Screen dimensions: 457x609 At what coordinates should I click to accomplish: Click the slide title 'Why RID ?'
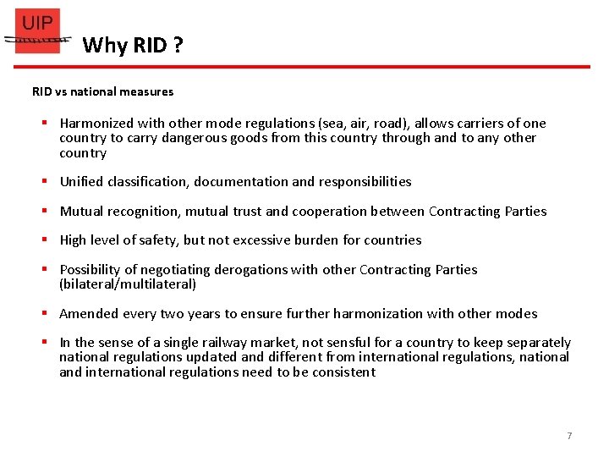coord(133,45)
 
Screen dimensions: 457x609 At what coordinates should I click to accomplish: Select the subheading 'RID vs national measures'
coord(102,91)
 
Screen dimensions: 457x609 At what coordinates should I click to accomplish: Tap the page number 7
coord(569,436)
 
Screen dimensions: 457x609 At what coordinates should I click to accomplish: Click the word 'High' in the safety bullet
coord(74,240)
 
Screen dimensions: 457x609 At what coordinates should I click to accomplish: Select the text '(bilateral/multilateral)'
coord(128,284)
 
